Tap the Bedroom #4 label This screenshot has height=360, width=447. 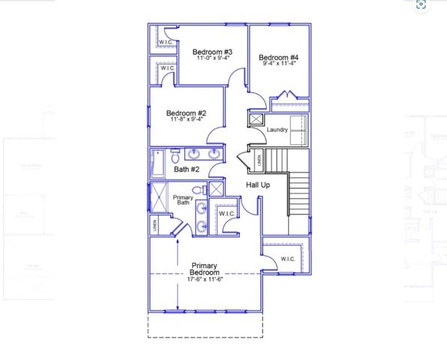(x=279, y=58)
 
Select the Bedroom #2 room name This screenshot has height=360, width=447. (x=186, y=113)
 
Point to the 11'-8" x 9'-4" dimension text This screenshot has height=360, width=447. (x=186, y=120)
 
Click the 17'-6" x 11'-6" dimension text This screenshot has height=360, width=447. (x=204, y=280)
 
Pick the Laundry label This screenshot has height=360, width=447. (x=277, y=130)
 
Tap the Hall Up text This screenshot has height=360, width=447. (x=259, y=184)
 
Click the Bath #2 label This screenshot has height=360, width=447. (x=186, y=169)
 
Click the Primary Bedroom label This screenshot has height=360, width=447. (x=204, y=269)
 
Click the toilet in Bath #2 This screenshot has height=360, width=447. (x=175, y=157)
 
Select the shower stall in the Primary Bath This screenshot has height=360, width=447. (x=161, y=197)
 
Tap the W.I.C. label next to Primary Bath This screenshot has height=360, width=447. (x=226, y=214)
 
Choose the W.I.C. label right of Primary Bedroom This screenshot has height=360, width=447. (x=288, y=259)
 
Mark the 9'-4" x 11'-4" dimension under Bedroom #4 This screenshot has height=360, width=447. (x=279, y=64)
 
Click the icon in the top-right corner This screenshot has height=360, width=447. (x=421, y=5)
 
